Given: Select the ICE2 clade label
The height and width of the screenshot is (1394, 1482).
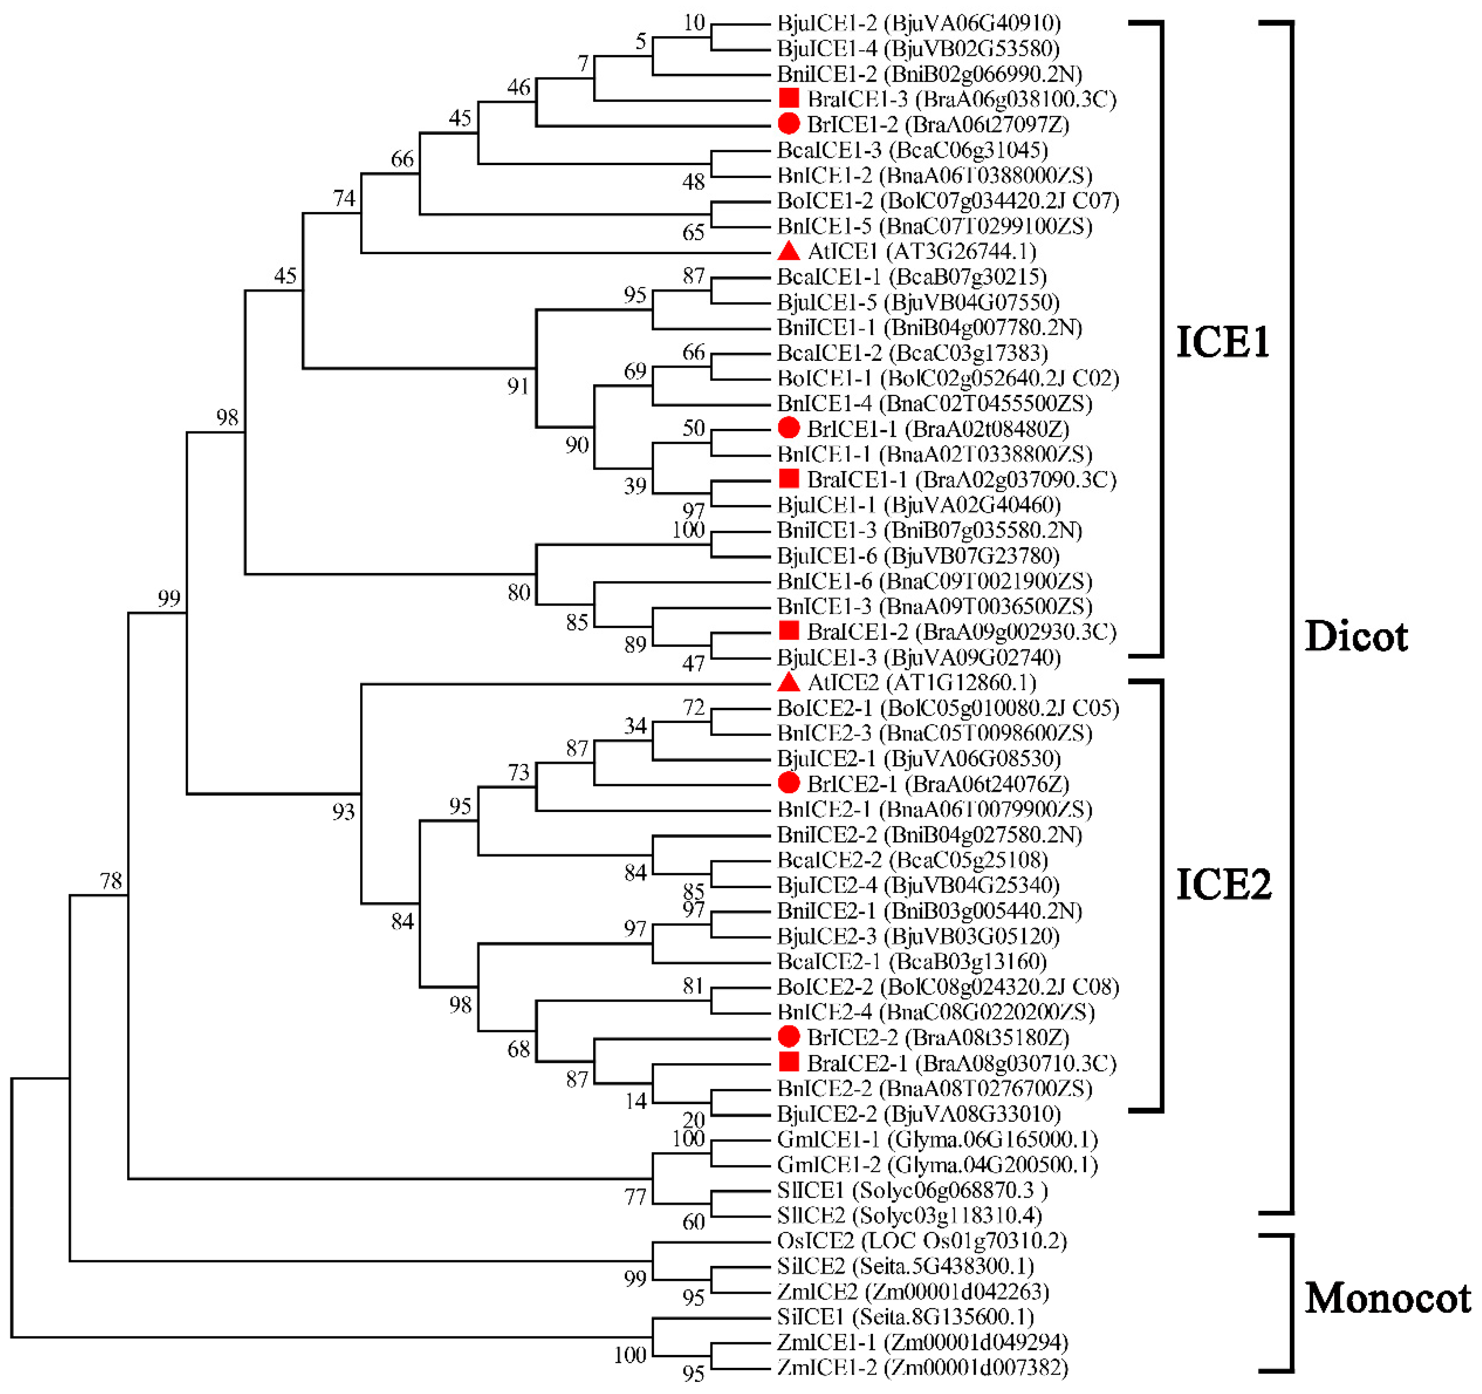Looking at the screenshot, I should (x=1222, y=885).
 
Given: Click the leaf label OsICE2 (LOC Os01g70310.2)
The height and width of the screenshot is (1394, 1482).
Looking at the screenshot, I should (x=922, y=1241).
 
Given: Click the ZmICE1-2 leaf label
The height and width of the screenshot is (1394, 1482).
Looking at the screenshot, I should (x=922, y=1368).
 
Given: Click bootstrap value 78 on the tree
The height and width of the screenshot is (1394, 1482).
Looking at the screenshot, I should (x=111, y=881).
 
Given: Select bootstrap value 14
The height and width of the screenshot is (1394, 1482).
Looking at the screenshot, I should (x=635, y=1101).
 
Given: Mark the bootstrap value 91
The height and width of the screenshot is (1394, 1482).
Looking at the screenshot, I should (x=518, y=386).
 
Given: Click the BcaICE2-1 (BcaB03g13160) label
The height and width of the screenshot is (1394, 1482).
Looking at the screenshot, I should (x=912, y=961).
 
